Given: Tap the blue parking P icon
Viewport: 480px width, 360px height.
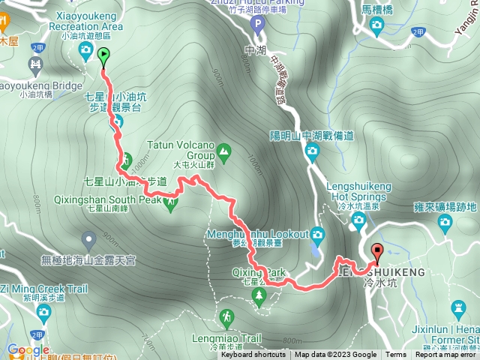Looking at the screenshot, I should (x=258, y=25).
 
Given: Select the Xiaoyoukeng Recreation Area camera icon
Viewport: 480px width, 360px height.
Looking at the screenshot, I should (x=85, y=50).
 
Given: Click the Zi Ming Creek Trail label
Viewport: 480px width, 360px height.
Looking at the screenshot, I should (x=45, y=289).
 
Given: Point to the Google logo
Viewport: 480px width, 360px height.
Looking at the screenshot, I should (x=28, y=349).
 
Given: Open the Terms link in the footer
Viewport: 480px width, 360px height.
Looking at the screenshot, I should (x=396, y=355).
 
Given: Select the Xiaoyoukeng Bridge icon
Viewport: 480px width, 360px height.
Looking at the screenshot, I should (x=34, y=66).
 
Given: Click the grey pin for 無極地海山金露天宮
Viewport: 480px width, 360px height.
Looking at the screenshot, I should (x=89, y=241).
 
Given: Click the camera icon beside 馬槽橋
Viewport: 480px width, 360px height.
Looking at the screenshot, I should (x=377, y=27).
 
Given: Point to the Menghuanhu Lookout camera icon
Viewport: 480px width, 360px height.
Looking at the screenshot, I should (x=317, y=233).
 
